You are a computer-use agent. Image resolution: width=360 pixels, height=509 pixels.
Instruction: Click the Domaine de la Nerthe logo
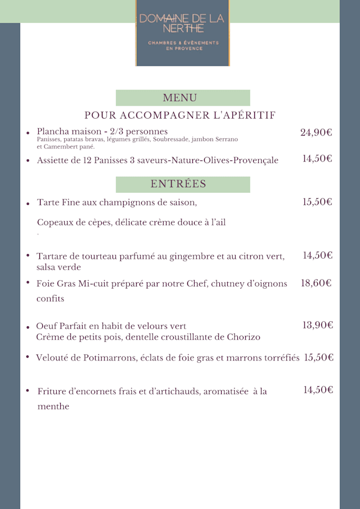[x=182, y=33]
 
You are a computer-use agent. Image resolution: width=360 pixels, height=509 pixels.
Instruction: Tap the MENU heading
[x=180, y=98]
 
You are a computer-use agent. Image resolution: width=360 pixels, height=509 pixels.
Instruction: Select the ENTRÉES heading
[x=178, y=184]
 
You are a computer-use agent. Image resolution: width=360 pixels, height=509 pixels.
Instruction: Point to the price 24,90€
[x=316, y=133]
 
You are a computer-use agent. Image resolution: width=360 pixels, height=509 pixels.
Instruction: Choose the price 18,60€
[x=316, y=283]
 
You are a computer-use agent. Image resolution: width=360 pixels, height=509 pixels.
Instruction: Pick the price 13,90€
[x=318, y=325]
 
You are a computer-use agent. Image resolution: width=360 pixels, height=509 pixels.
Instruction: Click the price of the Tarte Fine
[x=317, y=202]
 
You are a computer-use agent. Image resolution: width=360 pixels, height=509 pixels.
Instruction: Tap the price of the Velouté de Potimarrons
[x=319, y=358]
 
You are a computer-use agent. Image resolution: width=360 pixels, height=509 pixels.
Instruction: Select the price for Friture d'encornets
[x=318, y=390]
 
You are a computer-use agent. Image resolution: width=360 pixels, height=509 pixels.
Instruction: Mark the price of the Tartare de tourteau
[x=318, y=256]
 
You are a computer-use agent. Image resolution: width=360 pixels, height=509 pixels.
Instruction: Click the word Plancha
[x=53, y=132]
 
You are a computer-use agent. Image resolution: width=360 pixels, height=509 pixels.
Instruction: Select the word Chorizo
[x=242, y=337]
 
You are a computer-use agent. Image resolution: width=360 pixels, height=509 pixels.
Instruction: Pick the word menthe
[x=53, y=407]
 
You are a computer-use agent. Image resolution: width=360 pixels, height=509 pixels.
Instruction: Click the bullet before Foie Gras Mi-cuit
[x=28, y=283]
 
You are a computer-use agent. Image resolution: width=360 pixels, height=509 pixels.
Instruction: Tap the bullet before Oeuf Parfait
[x=28, y=327]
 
